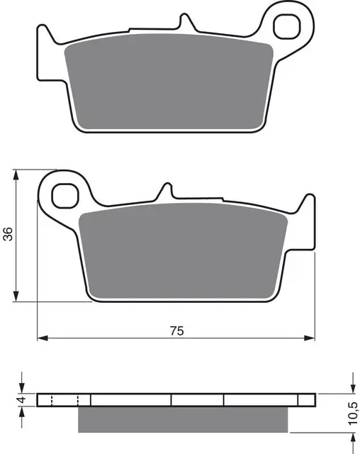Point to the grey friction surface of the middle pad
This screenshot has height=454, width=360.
182,252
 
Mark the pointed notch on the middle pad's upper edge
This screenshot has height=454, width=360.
167,190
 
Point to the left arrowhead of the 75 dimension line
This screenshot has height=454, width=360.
41,337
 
